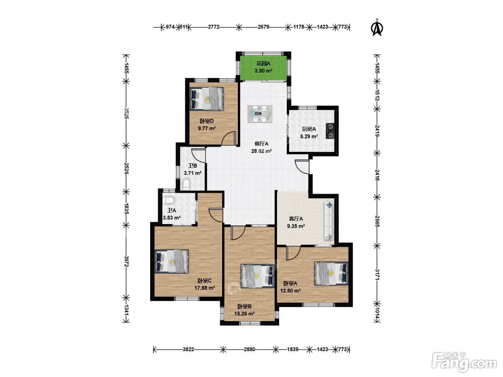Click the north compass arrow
click(x=377, y=28)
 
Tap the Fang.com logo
click(x=464, y=362)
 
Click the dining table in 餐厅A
click(x=260, y=114)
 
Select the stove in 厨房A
click(x=330, y=131)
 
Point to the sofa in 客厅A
click(x=329, y=221)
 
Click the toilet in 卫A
click(x=169, y=200)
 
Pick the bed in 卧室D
click(x=207, y=99)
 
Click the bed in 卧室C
click(x=172, y=261)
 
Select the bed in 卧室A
click(x=331, y=273)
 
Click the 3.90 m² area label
click(x=263, y=71)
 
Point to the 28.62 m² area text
click(x=262, y=151)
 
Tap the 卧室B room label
click(x=244, y=306)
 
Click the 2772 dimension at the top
click(x=213, y=27)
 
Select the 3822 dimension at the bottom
click(x=188, y=349)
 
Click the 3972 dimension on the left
click(x=126, y=261)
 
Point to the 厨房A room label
click(x=309, y=129)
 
